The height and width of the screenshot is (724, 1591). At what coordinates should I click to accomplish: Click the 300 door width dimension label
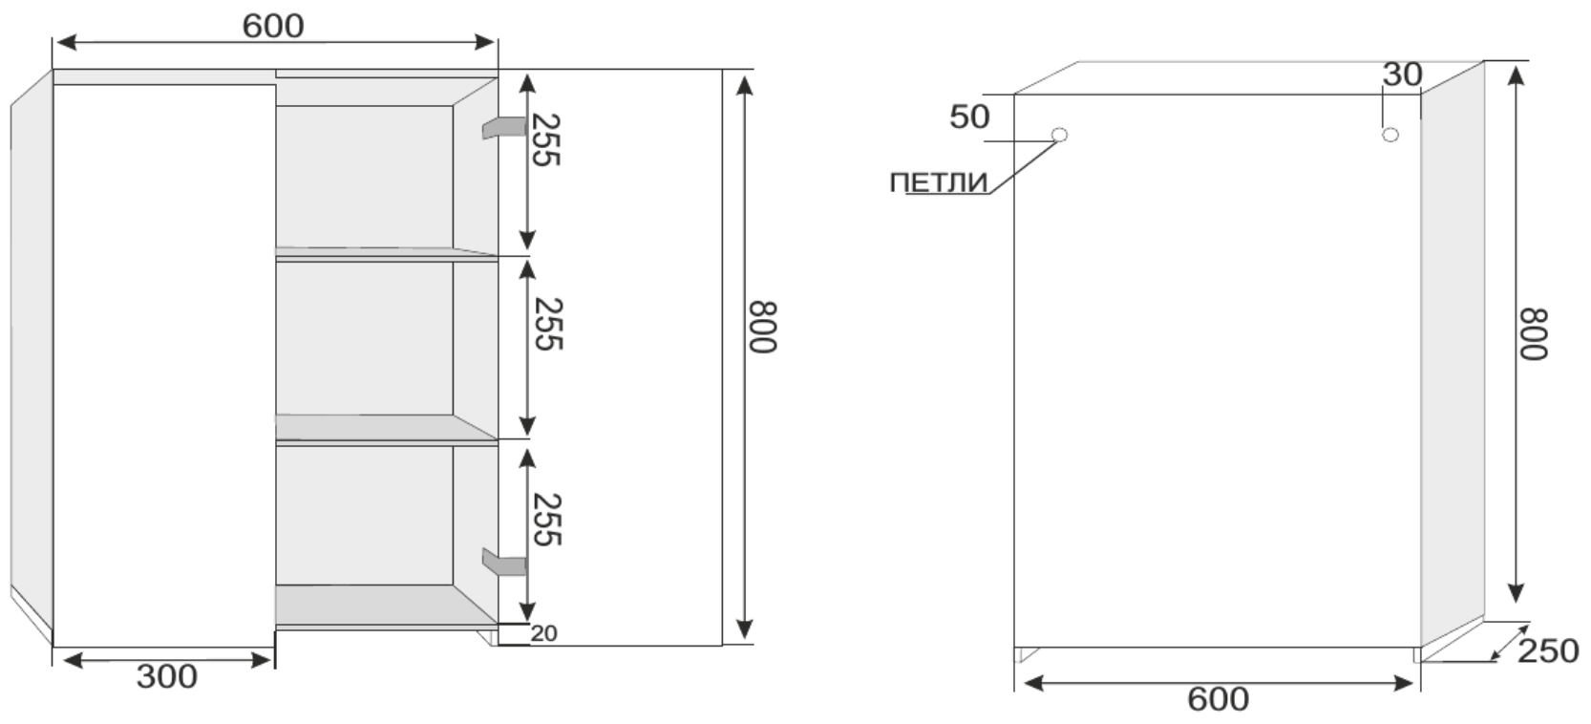(166, 676)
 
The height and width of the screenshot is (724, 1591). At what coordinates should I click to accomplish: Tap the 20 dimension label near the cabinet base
(543, 633)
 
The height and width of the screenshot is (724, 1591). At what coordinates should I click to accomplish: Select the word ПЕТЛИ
(938, 182)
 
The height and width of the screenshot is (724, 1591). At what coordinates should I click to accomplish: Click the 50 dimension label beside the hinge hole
(969, 117)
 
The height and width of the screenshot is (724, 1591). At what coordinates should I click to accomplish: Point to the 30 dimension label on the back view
(1402, 75)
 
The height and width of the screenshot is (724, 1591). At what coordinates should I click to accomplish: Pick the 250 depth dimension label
(1547, 651)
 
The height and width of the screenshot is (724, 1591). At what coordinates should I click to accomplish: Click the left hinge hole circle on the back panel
(1058, 135)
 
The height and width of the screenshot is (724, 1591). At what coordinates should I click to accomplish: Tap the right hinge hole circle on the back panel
(1390, 135)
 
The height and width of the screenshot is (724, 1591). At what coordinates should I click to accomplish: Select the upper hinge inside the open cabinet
(503, 128)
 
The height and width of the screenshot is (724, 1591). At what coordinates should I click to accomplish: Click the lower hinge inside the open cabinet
(504, 564)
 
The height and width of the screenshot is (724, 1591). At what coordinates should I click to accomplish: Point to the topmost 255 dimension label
(545, 140)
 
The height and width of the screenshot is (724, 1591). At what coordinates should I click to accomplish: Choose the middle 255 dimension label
(547, 324)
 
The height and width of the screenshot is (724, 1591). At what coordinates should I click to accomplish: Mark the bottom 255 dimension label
(546, 520)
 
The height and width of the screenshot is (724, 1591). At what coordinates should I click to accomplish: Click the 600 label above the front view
(273, 27)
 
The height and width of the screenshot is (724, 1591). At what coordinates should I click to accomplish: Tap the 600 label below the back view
(1218, 699)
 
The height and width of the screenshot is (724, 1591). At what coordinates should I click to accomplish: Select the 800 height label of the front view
(762, 328)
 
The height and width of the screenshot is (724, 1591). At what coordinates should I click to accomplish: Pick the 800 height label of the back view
(1532, 333)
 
